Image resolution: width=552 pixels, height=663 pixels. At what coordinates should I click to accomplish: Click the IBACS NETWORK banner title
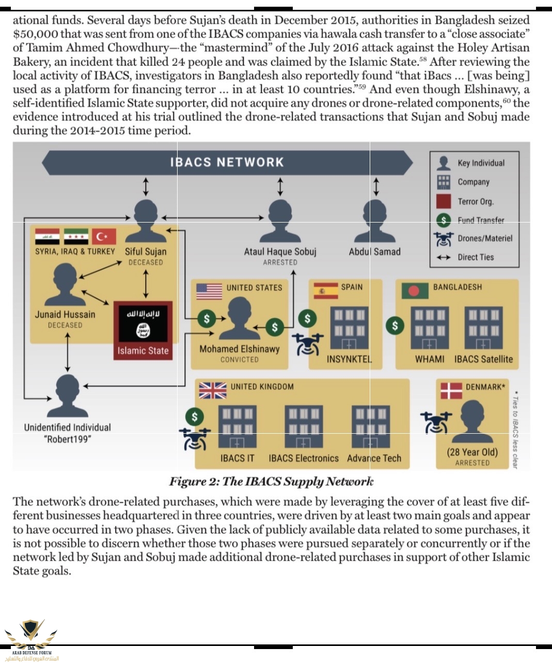click(x=227, y=162)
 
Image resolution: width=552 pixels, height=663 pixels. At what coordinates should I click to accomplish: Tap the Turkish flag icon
click(x=104, y=236)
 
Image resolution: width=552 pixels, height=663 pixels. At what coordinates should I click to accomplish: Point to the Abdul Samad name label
click(x=374, y=252)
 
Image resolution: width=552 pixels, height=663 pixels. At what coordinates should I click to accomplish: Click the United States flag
click(x=209, y=291)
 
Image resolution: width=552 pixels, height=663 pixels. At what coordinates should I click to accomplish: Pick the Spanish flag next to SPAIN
click(x=325, y=291)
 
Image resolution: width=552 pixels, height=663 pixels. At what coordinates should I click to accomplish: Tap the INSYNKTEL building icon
click(x=350, y=328)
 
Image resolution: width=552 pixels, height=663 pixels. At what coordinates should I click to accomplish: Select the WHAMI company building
click(x=430, y=328)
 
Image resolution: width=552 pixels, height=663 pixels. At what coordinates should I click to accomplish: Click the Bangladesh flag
click(x=415, y=291)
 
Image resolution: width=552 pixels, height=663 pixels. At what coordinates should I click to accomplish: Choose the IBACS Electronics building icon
click(x=303, y=427)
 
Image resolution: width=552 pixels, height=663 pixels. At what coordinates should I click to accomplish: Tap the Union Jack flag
click(x=212, y=390)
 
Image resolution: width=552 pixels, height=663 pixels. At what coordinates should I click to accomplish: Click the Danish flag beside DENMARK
click(x=451, y=390)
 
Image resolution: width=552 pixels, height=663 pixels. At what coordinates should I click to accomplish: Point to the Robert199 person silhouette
click(x=67, y=396)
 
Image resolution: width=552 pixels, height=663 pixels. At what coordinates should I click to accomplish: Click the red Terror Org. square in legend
click(x=444, y=201)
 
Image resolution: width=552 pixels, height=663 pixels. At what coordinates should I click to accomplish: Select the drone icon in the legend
click(x=444, y=239)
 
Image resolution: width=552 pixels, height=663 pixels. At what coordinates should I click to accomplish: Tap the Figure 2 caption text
click(x=271, y=482)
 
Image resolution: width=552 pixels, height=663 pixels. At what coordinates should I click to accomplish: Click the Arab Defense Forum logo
click(x=31, y=639)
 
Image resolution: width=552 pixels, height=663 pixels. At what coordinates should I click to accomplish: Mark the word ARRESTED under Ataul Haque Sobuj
click(x=280, y=263)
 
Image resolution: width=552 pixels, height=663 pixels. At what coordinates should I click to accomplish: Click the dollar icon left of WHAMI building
click(x=395, y=325)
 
